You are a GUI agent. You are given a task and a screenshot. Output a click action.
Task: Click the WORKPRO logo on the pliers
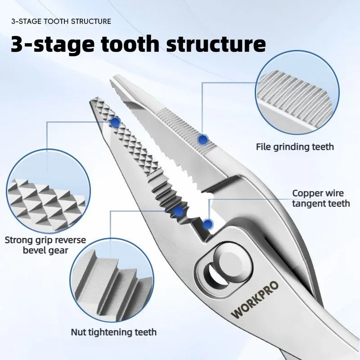pos(255,299)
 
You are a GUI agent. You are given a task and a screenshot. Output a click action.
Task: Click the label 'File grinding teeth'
pos(295,147)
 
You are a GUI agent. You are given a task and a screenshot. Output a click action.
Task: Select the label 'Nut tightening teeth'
pos(114,332)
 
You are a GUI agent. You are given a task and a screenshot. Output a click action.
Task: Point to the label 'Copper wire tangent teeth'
pos(321,198)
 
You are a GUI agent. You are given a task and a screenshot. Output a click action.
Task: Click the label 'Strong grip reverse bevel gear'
pos(45,245)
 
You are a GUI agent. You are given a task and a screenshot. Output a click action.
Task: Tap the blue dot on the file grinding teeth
pos(202,139)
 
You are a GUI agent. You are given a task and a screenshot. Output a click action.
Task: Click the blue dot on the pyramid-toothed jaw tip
pos(115,122)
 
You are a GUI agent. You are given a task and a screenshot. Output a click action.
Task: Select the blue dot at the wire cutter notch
pos(208,224)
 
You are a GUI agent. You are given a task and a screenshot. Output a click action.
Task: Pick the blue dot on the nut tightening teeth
pos(178,211)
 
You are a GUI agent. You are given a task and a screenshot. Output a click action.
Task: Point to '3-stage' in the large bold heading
pos(52,44)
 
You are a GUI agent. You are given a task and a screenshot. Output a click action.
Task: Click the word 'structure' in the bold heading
pos(216,44)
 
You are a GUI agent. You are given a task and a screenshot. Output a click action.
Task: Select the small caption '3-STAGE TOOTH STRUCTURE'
pos(61,21)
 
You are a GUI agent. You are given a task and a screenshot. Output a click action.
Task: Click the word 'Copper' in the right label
pos(306,193)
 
